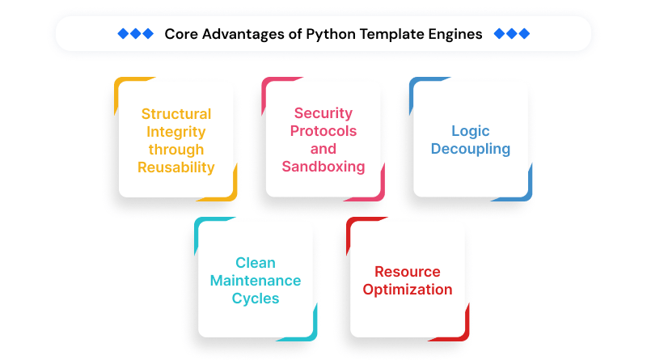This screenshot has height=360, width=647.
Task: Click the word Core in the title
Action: pyautogui.click(x=181, y=34)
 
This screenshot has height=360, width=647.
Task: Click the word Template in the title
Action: pyautogui.click(x=391, y=34)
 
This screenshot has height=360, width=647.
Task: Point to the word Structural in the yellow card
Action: pyautogui.click(x=176, y=114)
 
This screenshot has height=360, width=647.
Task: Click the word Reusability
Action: pyautogui.click(x=176, y=167)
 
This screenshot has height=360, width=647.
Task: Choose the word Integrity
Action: pyautogui.click(x=176, y=132)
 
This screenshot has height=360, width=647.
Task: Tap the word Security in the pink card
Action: pyautogui.click(x=323, y=114)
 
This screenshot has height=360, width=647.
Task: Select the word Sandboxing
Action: pyautogui.click(x=323, y=167)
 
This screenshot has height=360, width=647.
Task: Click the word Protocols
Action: pyautogui.click(x=323, y=132)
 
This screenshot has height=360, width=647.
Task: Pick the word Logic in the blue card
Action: pyautogui.click(x=471, y=132)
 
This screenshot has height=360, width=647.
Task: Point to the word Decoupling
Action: pyautogui.click(x=471, y=150)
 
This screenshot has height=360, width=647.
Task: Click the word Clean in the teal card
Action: pyautogui.click(x=256, y=263)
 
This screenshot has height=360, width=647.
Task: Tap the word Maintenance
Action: pyautogui.click(x=256, y=281)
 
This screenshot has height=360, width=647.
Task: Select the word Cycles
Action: pyautogui.click(x=256, y=299)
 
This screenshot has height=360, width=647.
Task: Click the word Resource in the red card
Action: pyautogui.click(x=408, y=272)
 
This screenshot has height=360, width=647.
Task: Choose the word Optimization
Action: pyautogui.click(x=408, y=290)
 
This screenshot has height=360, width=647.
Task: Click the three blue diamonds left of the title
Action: pyautogui.click(x=135, y=34)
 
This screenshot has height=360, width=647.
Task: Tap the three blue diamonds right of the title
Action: pyautogui.click(x=511, y=34)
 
